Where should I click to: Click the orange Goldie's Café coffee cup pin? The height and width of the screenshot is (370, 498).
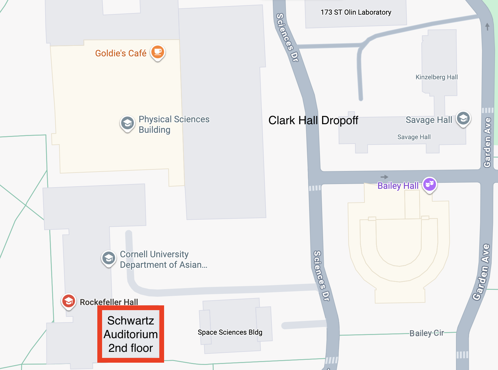pyautogui.click(x=157, y=52)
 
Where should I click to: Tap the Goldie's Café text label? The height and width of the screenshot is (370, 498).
pyautogui.click(x=121, y=53)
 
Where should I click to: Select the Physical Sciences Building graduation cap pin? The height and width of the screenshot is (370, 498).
pyautogui.click(x=128, y=123)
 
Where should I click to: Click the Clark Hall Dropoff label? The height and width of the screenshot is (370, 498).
pyautogui.click(x=313, y=120)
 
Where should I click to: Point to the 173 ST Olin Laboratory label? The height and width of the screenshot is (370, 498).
pyautogui.click(x=356, y=12)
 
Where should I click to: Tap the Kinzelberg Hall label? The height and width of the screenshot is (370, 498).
pyautogui.click(x=437, y=77)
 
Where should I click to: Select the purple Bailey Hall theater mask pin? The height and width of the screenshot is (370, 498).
pyautogui.click(x=429, y=184)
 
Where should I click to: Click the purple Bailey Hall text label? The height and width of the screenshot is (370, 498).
pyautogui.click(x=398, y=186)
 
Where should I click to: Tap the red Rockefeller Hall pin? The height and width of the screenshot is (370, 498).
pyautogui.click(x=68, y=301)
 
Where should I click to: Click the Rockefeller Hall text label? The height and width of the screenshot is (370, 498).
pyautogui.click(x=109, y=302)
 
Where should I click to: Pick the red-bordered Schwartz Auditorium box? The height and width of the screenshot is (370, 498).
pyautogui.click(x=131, y=334)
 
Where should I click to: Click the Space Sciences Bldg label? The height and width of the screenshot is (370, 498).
pyautogui.click(x=230, y=332)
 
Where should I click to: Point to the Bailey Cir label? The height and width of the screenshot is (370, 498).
pyautogui.click(x=426, y=333)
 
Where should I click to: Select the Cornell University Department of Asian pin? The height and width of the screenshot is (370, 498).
pyautogui.click(x=109, y=258)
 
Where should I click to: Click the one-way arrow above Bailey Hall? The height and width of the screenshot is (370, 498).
pyautogui.click(x=384, y=177)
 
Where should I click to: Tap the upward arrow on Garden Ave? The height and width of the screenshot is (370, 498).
pyautogui.click(x=488, y=26)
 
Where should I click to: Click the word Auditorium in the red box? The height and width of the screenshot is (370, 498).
pyautogui.click(x=131, y=334)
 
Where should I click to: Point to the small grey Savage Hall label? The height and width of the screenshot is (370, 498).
pyautogui.click(x=414, y=137)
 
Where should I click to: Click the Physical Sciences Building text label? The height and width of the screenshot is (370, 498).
pyautogui.click(x=174, y=125)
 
